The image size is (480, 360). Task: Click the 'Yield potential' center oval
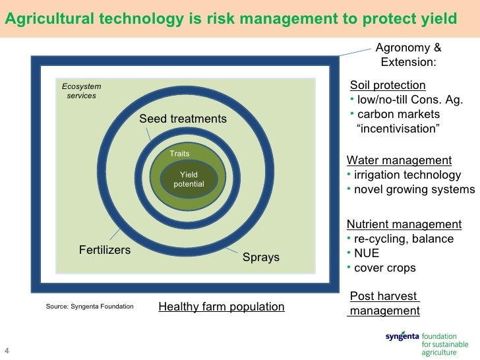189,179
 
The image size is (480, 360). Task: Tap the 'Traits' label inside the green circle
179,154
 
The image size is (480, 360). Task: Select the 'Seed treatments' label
183,119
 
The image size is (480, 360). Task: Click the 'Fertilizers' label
105,250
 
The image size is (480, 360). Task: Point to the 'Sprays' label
261,257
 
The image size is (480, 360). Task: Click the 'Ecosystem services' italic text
81,91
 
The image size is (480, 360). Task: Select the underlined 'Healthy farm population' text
222,307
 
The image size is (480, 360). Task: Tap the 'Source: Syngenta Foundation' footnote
90,307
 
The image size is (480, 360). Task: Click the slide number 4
7,349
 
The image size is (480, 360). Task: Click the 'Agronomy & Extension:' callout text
408,55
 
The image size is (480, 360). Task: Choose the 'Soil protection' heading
387,85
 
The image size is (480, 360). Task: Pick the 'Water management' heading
399,160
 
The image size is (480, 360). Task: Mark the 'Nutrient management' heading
404,224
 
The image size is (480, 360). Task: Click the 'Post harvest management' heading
384,304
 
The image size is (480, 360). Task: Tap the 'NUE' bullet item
367,253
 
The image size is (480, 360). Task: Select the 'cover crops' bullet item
385,268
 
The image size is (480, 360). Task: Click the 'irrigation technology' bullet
407,175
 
